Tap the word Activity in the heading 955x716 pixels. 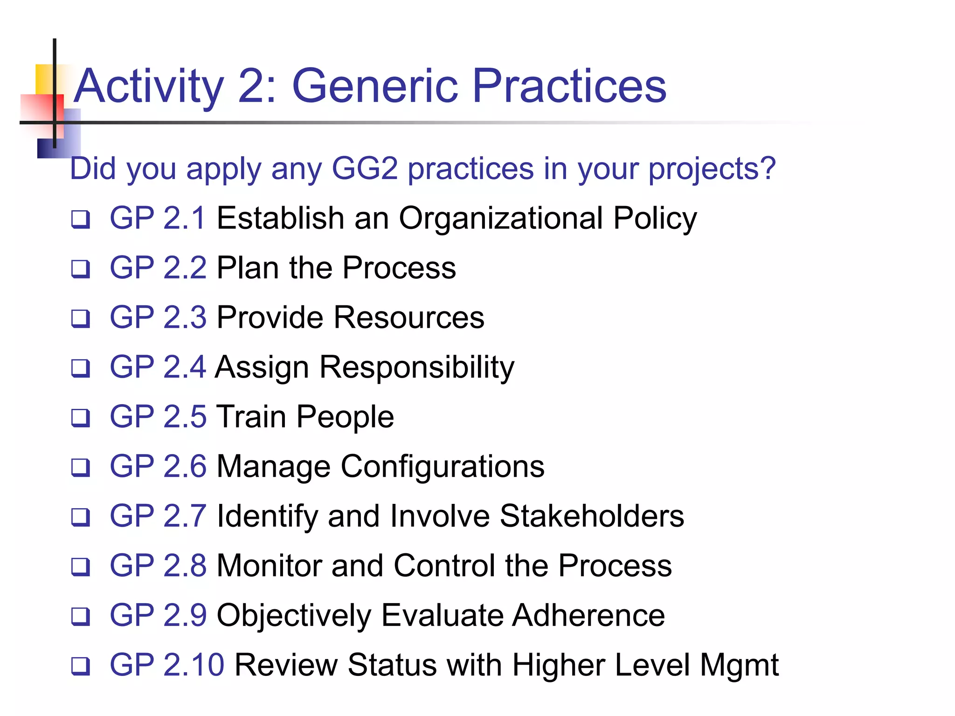(149, 87)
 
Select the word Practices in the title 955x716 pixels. (569, 86)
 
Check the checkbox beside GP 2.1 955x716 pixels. (81, 219)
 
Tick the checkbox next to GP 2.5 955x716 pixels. (81, 418)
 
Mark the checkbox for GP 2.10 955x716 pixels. (81, 666)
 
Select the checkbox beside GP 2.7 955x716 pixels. (81, 517)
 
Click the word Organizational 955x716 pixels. (501, 219)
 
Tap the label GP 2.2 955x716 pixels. (158, 268)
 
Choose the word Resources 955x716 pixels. (409, 318)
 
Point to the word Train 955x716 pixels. (251, 417)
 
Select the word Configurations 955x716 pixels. (443, 467)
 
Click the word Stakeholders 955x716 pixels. (592, 516)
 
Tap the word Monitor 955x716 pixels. (269, 566)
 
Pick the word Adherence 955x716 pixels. (588, 615)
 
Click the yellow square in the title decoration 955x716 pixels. (45, 78)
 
